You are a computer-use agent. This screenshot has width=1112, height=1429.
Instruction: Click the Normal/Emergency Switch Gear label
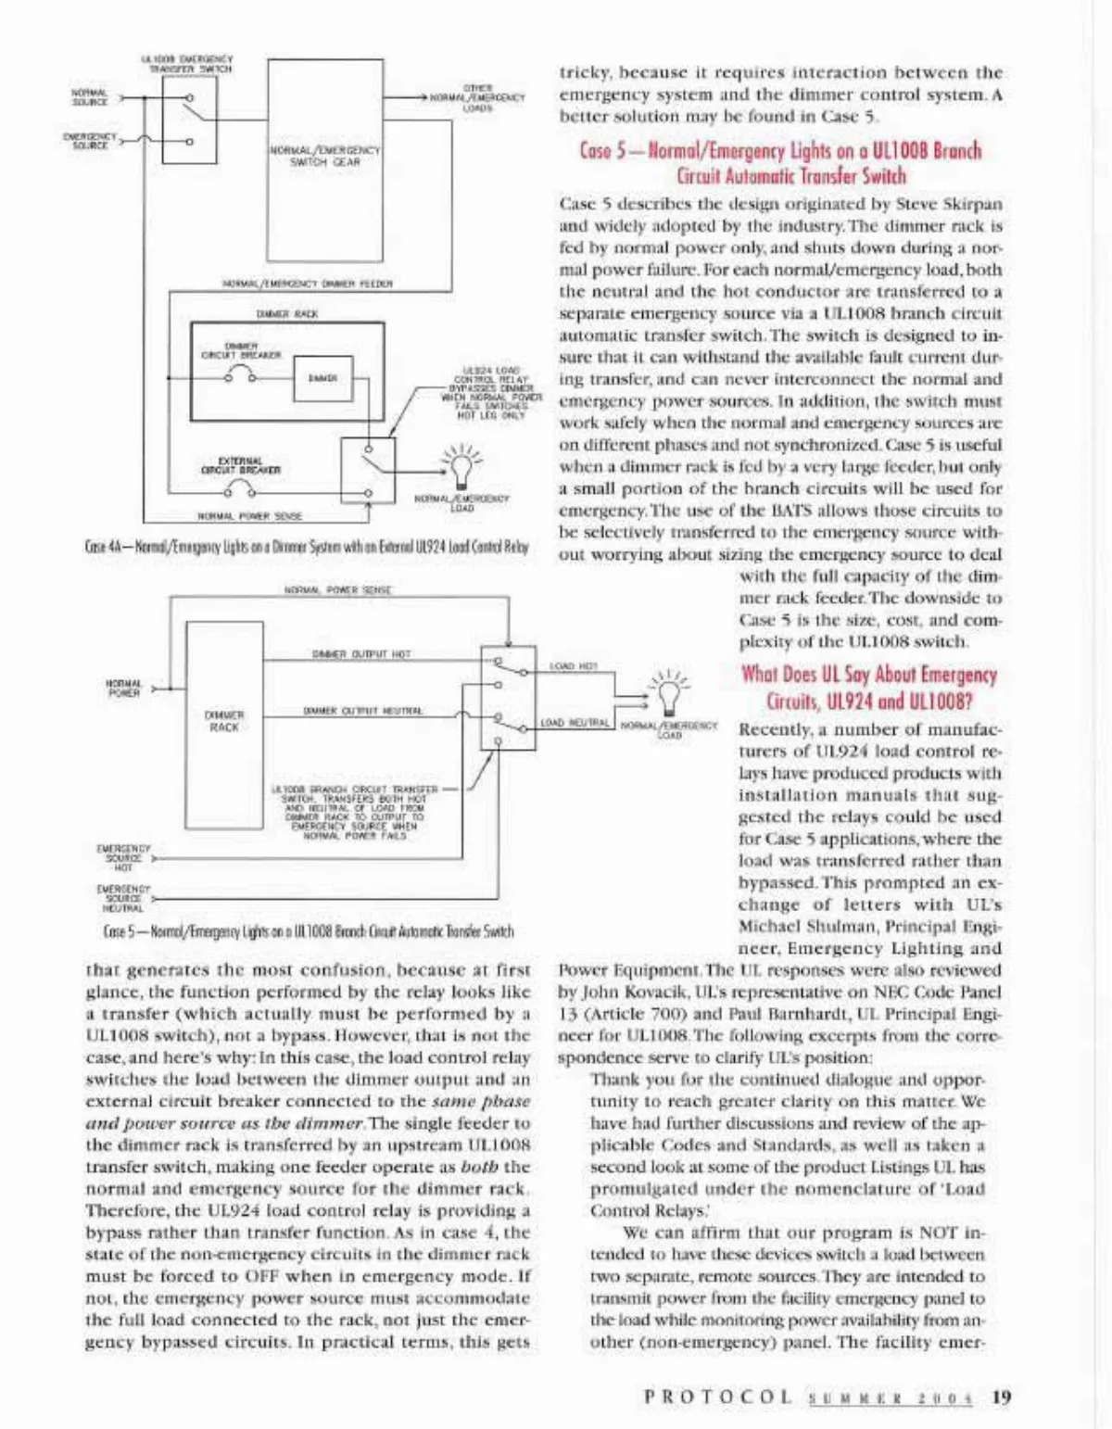pos(324,156)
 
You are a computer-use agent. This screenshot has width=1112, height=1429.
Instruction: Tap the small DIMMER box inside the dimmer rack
pos(322,378)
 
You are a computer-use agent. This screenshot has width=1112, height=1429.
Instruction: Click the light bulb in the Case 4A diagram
pos(460,467)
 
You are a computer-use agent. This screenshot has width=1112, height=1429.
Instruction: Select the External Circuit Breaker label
pos(240,465)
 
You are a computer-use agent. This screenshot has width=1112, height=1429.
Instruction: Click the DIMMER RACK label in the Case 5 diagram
pos(224,721)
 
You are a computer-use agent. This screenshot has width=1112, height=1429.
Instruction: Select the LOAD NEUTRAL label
pos(575,723)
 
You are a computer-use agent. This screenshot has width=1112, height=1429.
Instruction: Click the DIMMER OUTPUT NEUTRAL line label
pos(363,711)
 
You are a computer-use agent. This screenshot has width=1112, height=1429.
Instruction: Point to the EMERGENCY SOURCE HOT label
pos(123,857)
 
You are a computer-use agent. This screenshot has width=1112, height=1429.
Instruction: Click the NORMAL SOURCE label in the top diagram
pos(90,97)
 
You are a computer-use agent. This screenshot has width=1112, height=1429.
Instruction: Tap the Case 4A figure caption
pos(306,547)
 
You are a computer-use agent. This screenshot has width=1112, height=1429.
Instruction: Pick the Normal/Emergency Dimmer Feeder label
pos(308,284)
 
